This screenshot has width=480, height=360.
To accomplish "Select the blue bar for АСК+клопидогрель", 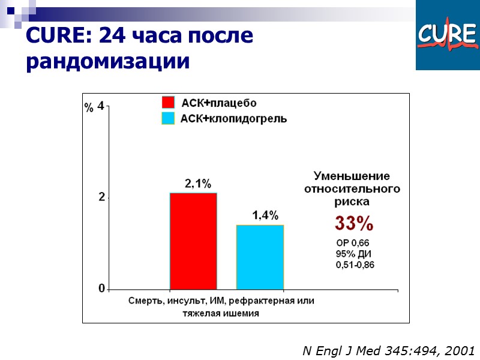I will [260, 256].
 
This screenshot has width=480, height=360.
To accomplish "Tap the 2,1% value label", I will [197, 184].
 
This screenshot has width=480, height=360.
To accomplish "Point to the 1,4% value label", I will [265, 215].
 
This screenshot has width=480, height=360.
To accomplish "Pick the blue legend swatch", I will [168, 118].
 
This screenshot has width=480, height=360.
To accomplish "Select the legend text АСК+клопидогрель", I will [234, 119].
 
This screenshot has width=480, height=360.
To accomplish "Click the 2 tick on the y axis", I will [101, 197].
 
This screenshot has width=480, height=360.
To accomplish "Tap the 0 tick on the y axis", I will [101, 289].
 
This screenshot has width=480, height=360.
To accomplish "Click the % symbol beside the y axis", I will [88, 109].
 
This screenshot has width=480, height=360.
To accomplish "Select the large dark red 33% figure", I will [354, 224].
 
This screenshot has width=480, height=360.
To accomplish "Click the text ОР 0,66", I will [353, 243].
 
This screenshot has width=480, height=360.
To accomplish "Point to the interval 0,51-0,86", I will [355, 265].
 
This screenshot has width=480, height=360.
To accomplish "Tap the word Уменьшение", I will [352, 176].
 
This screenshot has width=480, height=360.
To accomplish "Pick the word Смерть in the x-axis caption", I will [146, 301].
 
